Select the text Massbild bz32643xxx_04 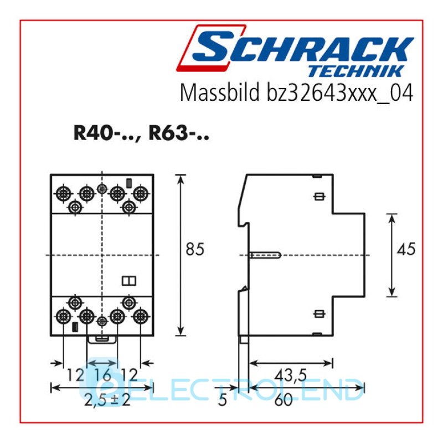[x=296, y=92]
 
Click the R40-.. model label [x=106, y=133]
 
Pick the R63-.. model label [x=179, y=133]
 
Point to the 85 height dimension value [x=195, y=249]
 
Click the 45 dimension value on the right [x=406, y=249]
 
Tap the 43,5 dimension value [x=290, y=375]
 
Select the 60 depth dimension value [x=284, y=400]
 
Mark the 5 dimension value [x=223, y=400]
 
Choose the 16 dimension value [x=102, y=375]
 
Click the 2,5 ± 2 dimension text [x=107, y=400]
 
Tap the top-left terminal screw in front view [x=63, y=193]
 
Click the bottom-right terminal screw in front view [x=141, y=316]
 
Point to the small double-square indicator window [x=129, y=281]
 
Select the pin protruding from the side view [x=265, y=255]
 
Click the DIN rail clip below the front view [x=102, y=339]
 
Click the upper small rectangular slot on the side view [x=320, y=197]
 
